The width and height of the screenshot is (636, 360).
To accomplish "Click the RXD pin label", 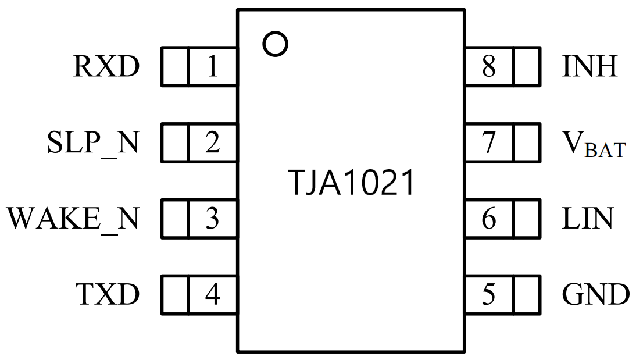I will (x=107, y=67).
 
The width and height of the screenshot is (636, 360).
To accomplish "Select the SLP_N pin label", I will (x=93, y=143).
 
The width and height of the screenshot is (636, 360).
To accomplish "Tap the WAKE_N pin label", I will (x=73, y=219).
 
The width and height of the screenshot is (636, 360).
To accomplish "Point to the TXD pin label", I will (x=108, y=294).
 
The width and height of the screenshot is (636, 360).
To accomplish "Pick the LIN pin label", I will (x=587, y=219).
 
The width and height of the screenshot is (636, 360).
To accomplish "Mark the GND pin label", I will (x=596, y=294).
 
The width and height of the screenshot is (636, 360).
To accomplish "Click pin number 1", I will (x=213, y=67).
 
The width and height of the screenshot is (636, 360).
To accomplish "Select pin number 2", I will (x=213, y=143).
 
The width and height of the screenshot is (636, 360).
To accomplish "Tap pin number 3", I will (x=213, y=219).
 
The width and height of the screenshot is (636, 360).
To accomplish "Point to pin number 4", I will (x=213, y=294).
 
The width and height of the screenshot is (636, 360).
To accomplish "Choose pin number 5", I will (x=489, y=294).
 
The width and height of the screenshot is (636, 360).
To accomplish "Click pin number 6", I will (x=489, y=219).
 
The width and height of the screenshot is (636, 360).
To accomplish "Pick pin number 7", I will (x=489, y=143).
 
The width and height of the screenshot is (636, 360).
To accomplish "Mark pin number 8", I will (x=489, y=67).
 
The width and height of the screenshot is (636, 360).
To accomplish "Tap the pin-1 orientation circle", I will (x=275, y=44).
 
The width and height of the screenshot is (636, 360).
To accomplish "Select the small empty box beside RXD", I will (x=174, y=67).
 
